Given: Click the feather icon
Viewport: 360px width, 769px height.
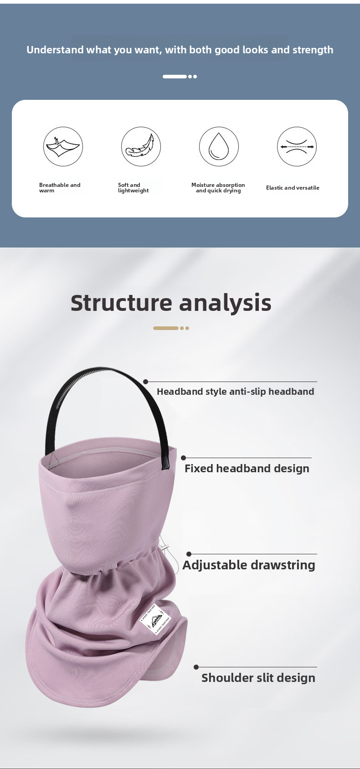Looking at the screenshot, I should [141, 146].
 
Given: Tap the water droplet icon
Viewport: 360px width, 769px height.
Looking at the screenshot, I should [219, 146].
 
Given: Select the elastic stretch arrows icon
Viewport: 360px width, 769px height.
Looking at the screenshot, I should [297, 147].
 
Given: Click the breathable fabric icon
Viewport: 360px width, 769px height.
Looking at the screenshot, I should [63, 146].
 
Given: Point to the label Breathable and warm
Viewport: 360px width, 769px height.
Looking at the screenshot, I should [59, 188].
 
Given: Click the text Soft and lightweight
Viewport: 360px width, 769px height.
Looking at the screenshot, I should [133, 188].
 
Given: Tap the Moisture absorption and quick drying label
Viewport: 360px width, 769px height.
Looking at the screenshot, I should [218, 188].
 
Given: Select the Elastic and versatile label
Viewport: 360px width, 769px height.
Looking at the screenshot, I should [293, 188].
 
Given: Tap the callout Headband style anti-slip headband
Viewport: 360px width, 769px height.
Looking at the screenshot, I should [235, 392].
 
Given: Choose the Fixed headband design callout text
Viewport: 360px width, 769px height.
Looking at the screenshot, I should [247, 469].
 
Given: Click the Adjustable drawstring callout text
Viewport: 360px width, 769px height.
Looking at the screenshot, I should [249, 565].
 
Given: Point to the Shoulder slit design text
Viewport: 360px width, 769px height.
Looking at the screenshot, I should [258, 678].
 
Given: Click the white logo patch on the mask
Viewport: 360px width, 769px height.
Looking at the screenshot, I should [155, 619].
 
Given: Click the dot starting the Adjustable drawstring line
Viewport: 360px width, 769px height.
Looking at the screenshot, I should [189, 554].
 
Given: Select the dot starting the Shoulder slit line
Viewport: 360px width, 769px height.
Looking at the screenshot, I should [196, 667].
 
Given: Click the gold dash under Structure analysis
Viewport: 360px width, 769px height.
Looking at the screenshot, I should [166, 328].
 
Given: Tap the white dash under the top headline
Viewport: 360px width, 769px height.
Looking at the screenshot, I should [175, 77].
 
